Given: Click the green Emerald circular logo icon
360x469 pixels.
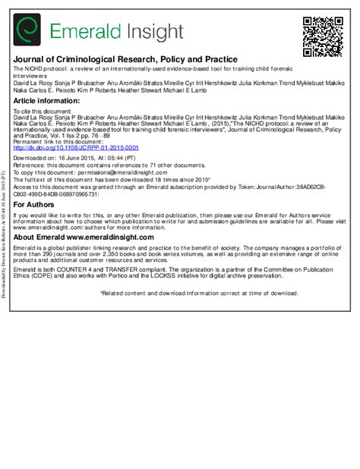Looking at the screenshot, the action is [28, 30].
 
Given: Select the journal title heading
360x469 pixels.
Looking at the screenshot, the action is [125, 58].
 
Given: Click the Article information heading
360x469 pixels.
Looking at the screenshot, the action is [47, 100].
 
